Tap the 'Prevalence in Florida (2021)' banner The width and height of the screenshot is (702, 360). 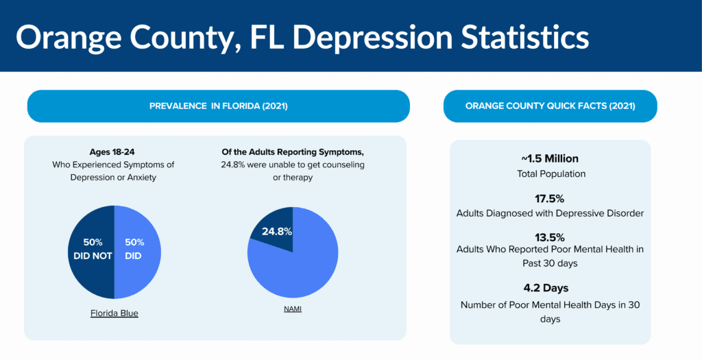click(218, 106)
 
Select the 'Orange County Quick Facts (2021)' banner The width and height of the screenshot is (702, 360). click(550, 106)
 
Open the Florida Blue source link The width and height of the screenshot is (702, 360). click(114, 313)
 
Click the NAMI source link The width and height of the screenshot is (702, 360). click(293, 309)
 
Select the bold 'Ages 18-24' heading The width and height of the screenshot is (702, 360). click(114, 152)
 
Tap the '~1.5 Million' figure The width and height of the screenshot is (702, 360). click(550, 159)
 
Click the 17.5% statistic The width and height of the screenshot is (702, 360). click(550, 199)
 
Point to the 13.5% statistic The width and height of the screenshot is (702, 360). click(550, 237)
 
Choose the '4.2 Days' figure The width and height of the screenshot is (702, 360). click(550, 288)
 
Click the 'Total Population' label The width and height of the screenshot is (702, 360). click(550, 174)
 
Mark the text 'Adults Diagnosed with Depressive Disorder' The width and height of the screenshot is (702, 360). click(550, 213)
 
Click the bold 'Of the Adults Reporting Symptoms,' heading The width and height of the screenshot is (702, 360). click(293, 152)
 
